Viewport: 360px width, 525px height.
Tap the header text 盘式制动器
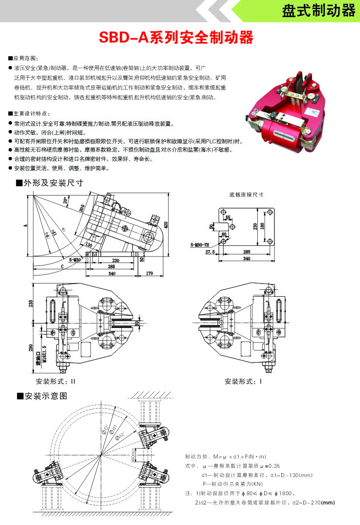(x=318, y=11)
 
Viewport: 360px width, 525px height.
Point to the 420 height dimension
(x=166, y=225)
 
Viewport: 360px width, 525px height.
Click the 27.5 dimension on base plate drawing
(x=211, y=252)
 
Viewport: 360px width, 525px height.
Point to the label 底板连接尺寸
(x=247, y=194)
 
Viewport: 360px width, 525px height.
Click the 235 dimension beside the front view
(x=31, y=304)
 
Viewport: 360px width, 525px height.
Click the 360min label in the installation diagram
(x=133, y=456)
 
